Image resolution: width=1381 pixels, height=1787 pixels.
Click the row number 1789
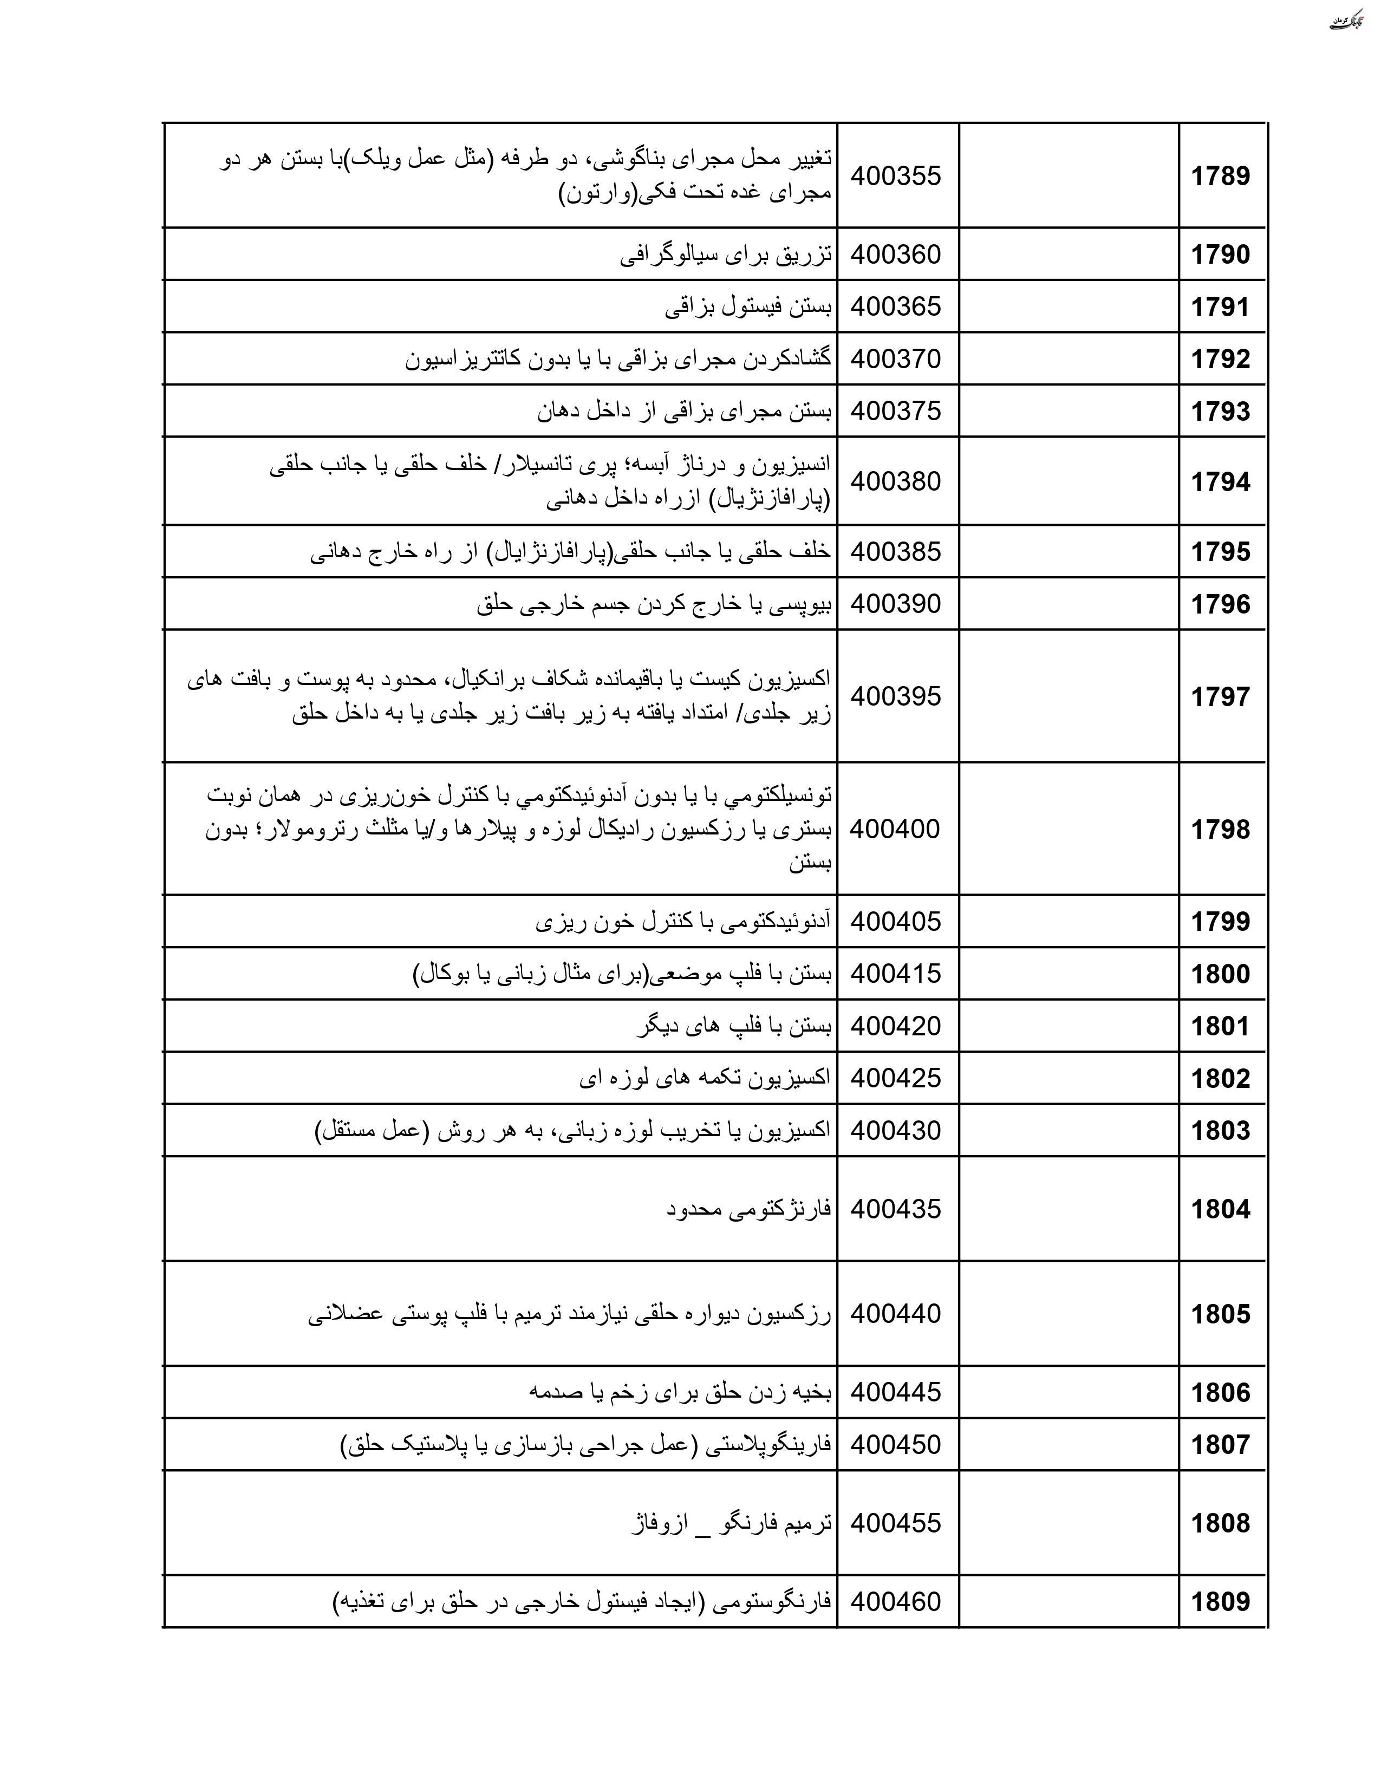coord(1220,176)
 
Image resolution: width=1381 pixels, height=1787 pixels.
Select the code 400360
coord(896,255)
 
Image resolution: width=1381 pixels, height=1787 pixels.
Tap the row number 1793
coord(1220,411)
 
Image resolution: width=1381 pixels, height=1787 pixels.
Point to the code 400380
coord(896,481)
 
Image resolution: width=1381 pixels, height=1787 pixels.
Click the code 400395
coord(896,696)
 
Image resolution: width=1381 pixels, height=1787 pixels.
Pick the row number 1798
coord(1220,830)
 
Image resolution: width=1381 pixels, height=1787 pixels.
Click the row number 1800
coord(1220,974)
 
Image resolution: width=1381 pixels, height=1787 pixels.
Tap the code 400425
coord(896,1078)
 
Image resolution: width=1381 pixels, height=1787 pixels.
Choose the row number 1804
coord(1220,1209)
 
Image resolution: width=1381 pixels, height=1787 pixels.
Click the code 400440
coord(896,1314)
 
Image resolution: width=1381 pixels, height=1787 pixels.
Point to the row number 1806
coord(1220,1393)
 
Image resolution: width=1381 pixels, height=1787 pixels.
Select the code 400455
coord(896,1523)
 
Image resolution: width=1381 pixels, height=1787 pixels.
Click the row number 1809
coord(1220,1602)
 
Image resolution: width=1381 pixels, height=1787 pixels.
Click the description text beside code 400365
coord(748,307)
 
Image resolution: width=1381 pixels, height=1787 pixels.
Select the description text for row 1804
coord(748,1209)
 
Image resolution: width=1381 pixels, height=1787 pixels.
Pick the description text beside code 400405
coord(683,922)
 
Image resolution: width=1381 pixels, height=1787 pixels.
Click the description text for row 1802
coord(705,1078)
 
